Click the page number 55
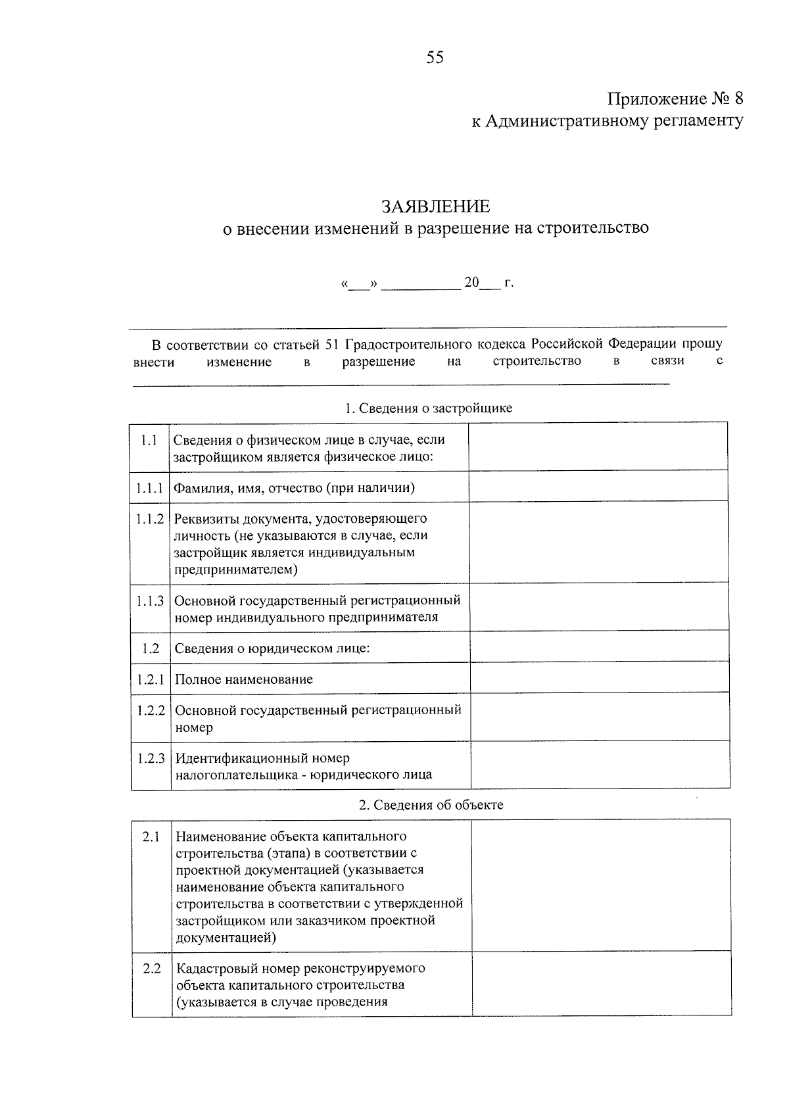pos(435,58)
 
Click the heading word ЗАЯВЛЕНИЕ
pos(436,206)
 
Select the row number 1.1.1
pos(149,488)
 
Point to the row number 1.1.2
pos(150,519)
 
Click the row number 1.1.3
pos(150,600)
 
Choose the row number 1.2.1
pos(151,679)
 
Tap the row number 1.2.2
pos(151,710)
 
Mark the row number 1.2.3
pos(151,758)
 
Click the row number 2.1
pos(151,837)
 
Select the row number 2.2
pos(152,969)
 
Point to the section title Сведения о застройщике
pos(429,408)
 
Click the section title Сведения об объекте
pos(431,805)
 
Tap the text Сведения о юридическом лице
pos(272,648)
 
